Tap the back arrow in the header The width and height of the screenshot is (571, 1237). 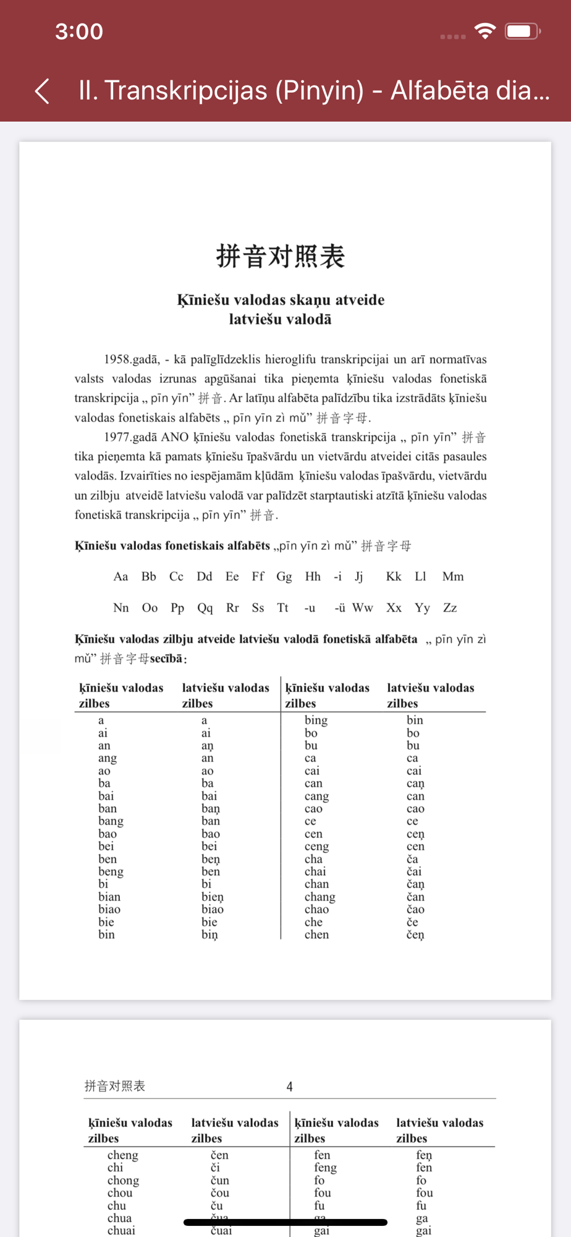[42, 91]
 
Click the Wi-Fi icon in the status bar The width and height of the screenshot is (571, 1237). [485, 31]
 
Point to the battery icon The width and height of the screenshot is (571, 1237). [522, 31]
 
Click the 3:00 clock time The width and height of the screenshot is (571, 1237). [79, 32]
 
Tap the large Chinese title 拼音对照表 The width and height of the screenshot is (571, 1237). [281, 256]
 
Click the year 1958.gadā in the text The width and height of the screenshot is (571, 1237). [131, 359]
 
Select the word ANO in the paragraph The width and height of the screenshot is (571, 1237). [174, 437]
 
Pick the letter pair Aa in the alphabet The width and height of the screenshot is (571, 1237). [121, 576]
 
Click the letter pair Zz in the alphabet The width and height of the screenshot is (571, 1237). [450, 608]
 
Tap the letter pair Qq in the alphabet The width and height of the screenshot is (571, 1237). [205, 608]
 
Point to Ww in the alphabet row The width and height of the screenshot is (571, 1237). [363, 608]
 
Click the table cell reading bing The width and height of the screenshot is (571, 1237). [316, 720]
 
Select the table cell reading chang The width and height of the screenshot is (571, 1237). [319, 897]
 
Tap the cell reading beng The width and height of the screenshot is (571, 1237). [111, 871]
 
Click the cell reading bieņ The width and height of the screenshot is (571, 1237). [213, 897]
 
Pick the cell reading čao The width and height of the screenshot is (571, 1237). [415, 909]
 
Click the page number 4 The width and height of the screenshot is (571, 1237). [289, 1087]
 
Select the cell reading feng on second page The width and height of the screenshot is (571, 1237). [325, 1168]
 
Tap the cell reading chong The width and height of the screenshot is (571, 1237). [123, 1180]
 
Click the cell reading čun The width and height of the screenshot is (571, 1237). [219, 1180]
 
